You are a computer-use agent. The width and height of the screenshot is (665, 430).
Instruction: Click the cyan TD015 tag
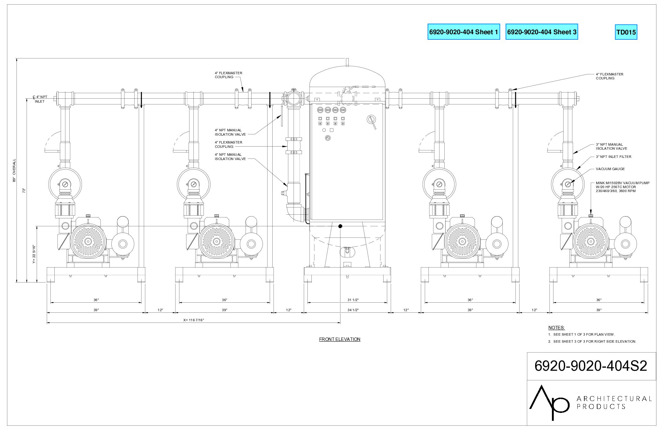coord(626,32)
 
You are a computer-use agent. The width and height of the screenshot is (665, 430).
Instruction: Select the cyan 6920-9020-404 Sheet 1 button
coord(464,32)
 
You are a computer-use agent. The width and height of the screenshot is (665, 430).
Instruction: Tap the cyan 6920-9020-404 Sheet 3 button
coord(542,32)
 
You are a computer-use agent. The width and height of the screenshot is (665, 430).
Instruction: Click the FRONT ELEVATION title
coord(340,339)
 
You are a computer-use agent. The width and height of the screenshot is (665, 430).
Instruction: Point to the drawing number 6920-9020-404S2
coord(591,366)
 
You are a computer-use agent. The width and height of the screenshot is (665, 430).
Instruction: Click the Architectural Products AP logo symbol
coord(549,403)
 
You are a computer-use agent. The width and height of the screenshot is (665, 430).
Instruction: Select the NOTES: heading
coord(557,328)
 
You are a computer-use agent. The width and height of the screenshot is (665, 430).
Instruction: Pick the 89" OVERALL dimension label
coord(14,170)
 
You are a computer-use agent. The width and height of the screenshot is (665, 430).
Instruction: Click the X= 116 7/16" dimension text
coord(193,320)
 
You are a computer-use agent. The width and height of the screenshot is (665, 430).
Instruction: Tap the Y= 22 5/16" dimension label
coord(34,254)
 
